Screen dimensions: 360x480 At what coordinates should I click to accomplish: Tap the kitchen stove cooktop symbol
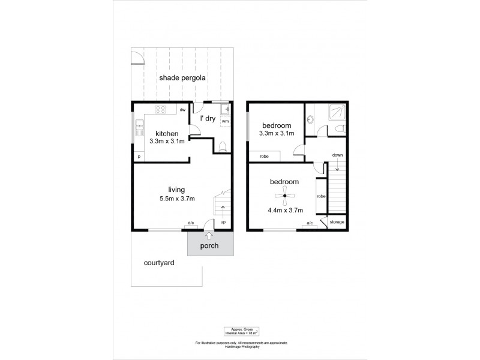(x=161, y=109)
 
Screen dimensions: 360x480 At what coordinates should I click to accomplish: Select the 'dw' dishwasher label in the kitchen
(x=182, y=110)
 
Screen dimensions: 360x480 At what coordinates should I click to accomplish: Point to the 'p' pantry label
(x=139, y=157)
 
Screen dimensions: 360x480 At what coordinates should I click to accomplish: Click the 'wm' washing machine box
(x=225, y=121)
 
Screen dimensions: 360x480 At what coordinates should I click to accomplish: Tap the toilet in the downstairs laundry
(x=223, y=146)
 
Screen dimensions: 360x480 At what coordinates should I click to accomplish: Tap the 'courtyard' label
(x=159, y=263)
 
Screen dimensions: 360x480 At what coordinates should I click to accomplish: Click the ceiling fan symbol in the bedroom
(x=285, y=195)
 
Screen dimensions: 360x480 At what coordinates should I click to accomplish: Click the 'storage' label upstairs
(x=337, y=222)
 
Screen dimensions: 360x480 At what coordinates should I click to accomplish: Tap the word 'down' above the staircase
(x=337, y=155)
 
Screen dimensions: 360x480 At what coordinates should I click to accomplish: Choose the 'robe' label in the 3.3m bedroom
(x=264, y=157)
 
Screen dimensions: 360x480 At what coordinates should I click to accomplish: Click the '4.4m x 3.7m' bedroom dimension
(x=285, y=210)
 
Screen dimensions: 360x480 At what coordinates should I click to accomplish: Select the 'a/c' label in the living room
(x=191, y=223)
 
